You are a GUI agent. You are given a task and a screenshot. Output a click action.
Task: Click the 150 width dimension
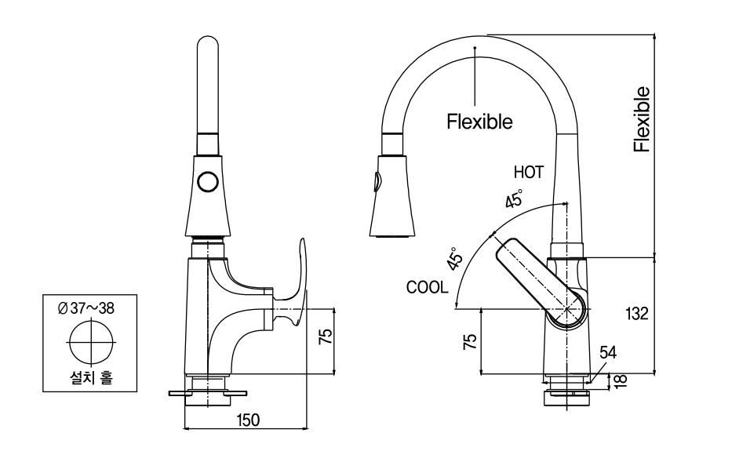click(248, 420)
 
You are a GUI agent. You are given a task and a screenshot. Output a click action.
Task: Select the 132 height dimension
click(637, 314)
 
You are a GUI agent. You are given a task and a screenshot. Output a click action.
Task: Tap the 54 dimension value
click(608, 353)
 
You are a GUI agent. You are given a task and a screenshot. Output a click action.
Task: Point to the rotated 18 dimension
click(622, 381)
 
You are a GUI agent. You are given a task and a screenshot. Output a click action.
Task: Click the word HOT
click(529, 171)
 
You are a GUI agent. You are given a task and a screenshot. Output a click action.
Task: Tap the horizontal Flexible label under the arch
click(479, 122)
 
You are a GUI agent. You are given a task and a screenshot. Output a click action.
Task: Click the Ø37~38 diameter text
click(86, 308)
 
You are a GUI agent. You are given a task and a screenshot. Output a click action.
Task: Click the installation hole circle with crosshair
click(90, 344)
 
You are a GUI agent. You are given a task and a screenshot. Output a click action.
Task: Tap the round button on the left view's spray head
click(209, 182)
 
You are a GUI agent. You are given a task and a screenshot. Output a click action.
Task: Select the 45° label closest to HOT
click(514, 199)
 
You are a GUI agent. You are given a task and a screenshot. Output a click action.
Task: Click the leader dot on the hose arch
click(475, 49)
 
